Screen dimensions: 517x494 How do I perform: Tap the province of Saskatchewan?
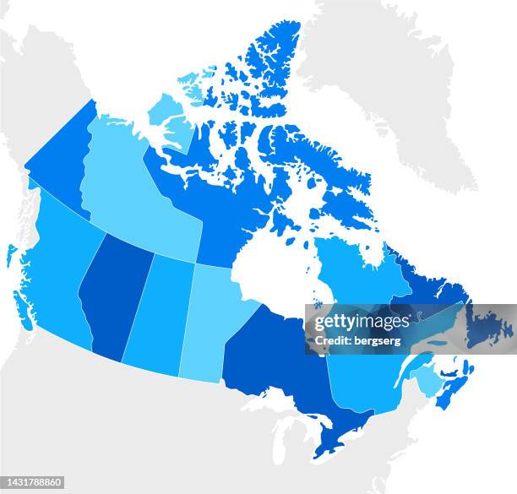tap(161, 312)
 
